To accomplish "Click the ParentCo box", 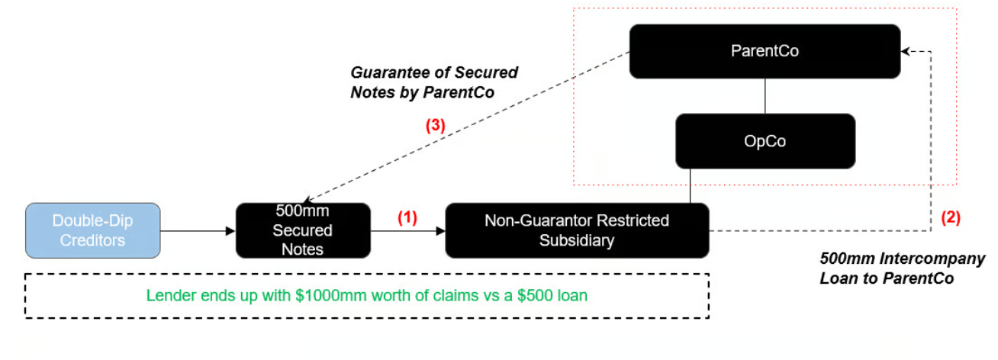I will pyautogui.click(x=765, y=51).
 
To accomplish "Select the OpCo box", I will pyautogui.click(x=765, y=141).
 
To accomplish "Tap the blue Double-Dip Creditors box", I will pyautogui.click(x=93, y=230).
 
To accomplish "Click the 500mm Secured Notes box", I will pyautogui.click(x=303, y=230).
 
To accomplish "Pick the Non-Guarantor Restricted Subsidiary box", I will pyautogui.click(x=577, y=230).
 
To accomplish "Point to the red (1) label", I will pyautogui.click(x=407, y=217).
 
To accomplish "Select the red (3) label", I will pyautogui.click(x=435, y=127).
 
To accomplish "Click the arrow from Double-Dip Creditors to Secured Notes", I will pyautogui.click(x=198, y=230).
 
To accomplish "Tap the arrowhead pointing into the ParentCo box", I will pyautogui.click(x=906, y=51).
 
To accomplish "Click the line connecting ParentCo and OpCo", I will pyautogui.click(x=765, y=96).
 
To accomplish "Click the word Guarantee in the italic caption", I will pyautogui.click(x=388, y=73).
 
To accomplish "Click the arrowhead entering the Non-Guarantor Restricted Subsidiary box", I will pyautogui.click(x=440, y=230).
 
